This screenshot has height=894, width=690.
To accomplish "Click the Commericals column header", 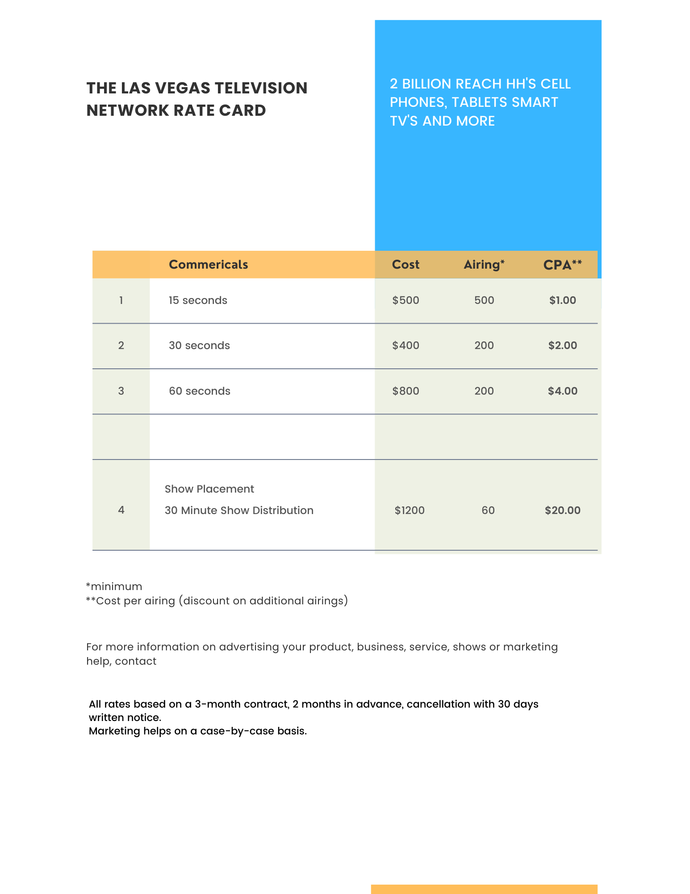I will point(208,265).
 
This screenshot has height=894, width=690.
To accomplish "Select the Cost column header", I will point(406,265).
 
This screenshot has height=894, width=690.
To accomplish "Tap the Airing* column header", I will point(484,265).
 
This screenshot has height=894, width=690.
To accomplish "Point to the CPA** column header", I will point(562,265).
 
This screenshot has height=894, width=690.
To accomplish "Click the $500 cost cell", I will point(406,300).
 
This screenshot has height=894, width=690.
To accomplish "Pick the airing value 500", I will point(484,300).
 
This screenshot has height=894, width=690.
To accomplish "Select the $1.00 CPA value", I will point(562,300).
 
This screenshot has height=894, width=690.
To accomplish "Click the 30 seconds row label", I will point(199,346).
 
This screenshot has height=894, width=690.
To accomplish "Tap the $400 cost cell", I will point(406,346).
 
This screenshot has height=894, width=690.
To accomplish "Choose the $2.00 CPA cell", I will point(562,346).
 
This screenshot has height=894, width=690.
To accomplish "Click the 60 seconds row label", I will point(199,391).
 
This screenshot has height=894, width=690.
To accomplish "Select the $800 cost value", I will point(406,391).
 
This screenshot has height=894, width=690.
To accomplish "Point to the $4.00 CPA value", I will point(562,391).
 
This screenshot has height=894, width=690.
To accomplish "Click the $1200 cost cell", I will point(409,510).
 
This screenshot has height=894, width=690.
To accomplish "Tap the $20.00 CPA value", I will point(562,510).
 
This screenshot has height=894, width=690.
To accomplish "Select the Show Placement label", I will point(209,489).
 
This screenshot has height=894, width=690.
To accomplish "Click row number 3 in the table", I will point(121,391).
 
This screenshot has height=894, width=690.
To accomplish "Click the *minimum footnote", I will point(114,586).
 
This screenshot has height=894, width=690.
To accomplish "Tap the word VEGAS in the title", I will point(182,88).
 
